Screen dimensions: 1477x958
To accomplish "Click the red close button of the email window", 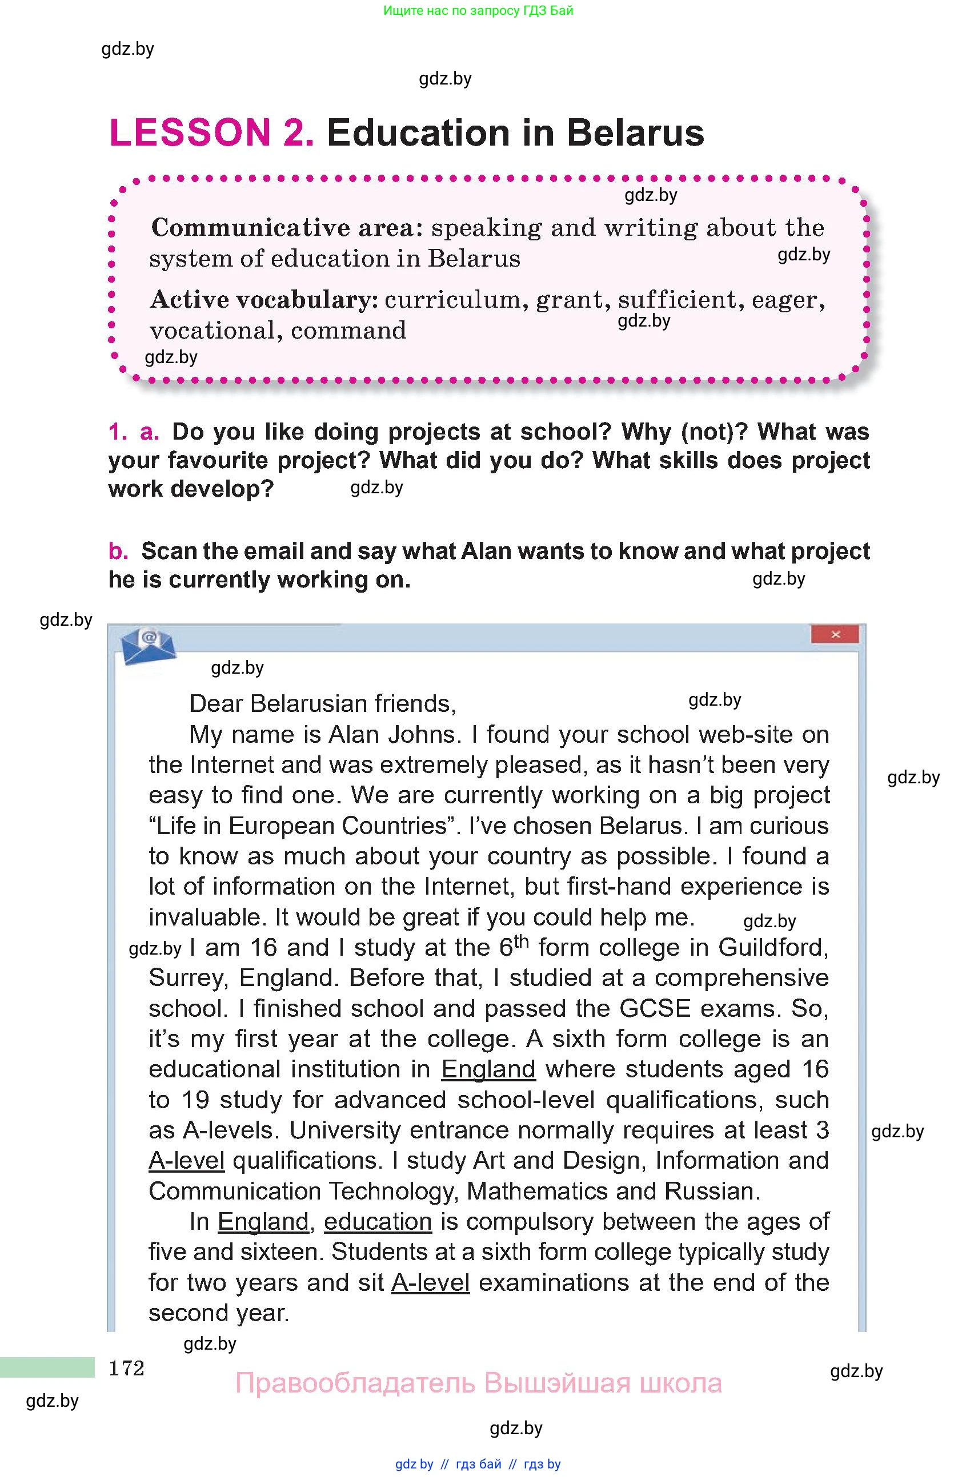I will [835, 634].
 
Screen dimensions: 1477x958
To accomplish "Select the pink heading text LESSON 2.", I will [211, 133].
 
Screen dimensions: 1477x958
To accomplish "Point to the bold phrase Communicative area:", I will [287, 228].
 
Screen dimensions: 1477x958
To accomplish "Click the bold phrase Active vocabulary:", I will [264, 300].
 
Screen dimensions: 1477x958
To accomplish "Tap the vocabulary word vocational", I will [212, 331].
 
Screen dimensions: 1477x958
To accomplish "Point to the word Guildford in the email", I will [773, 948].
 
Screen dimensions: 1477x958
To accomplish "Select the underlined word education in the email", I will [378, 1221].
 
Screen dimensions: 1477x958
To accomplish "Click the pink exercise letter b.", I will [118, 551].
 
